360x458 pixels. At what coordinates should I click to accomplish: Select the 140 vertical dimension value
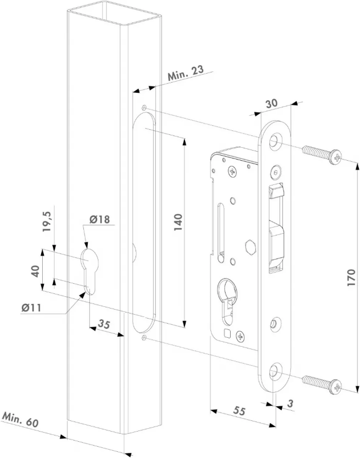[178, 222]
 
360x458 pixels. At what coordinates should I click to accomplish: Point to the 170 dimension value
[351, 278]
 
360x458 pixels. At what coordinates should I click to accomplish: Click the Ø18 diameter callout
[100, 219]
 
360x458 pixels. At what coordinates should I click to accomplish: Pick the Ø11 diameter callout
[31, 307]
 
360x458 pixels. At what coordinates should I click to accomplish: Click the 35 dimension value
[104, 324]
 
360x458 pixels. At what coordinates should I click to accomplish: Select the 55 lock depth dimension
[238, 411]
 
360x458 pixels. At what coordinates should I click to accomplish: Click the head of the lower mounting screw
[336, 386]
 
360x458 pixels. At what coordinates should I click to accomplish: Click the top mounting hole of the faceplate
[276, 140]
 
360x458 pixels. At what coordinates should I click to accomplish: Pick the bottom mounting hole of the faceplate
[276, 371]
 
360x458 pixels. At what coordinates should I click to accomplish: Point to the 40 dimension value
[35, 271]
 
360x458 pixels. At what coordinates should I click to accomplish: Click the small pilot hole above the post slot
[144, 107]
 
